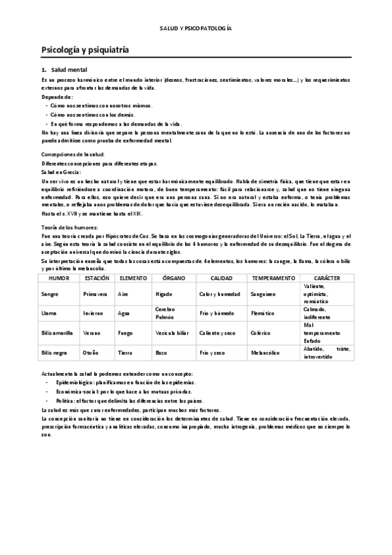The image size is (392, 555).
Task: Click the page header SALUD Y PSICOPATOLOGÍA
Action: [196, 29]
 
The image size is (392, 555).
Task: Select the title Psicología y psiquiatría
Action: [84, 49]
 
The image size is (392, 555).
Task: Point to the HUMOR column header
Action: [59, 278]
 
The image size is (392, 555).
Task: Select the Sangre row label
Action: [50, 295]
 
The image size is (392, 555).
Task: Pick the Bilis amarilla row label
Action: [56, 332]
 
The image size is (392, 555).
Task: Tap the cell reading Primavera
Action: [94, 295]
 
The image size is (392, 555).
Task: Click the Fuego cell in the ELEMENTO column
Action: [126, 332]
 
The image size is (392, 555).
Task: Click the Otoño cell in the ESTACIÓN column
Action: [91, 352]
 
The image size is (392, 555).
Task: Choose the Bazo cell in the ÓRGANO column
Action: [162, 352]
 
